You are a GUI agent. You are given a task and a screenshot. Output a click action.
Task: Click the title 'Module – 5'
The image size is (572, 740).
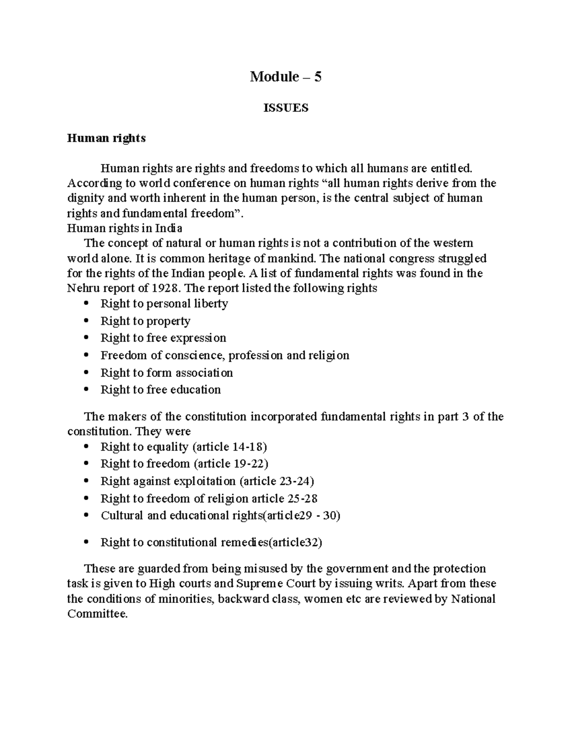click(286, 77)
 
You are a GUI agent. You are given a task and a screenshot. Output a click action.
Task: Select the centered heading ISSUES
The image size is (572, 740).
click(286, 108)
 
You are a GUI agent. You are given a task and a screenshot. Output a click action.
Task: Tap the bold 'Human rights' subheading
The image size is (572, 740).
click(106, 138)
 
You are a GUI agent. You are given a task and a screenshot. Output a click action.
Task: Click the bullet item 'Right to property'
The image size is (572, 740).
click(145, 321)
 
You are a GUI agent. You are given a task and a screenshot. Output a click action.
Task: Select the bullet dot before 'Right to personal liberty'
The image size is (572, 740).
click(86, 304)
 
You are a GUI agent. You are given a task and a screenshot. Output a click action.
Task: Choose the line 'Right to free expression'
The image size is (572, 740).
click(163, 338)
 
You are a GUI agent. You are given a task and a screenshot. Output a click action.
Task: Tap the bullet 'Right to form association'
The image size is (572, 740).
click(166, 373)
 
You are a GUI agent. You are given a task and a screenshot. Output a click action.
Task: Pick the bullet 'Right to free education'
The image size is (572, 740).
click(160, 390)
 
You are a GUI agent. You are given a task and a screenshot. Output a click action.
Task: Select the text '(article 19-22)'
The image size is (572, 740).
click(231, 464)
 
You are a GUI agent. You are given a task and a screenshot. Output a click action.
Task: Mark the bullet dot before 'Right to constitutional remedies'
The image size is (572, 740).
click(86, 543)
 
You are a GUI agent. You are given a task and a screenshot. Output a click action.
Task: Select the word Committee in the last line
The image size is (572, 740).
click(97, 614)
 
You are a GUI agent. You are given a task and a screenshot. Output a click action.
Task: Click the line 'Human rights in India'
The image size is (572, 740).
click(124, 228)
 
